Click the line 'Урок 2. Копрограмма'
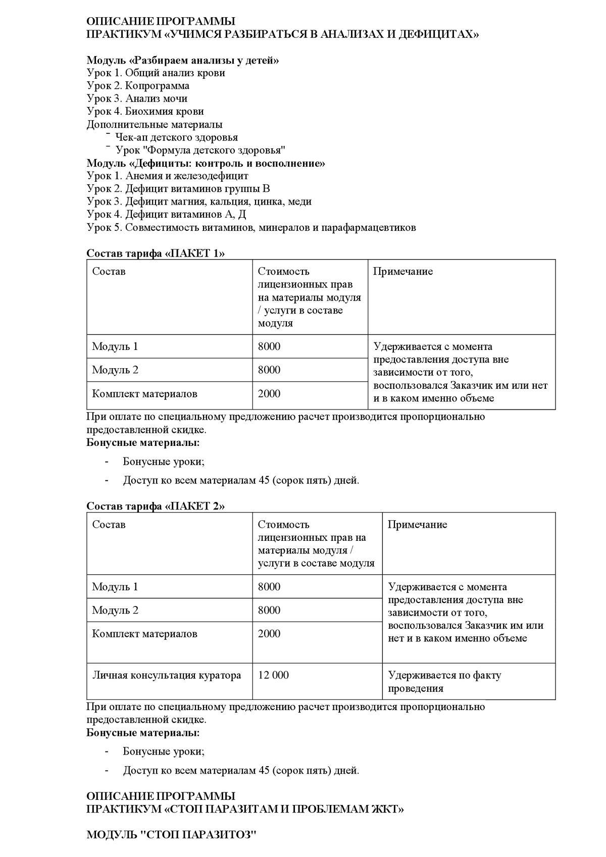pyautogui.click(x=138, y=86)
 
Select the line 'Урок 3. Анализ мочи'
pyautogui.click(x=137, y=98)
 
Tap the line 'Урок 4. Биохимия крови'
pyautogui.click(x=145, y=111)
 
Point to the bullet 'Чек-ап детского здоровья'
pyautogui.click(x=176, y=137)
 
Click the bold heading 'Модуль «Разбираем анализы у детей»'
pyautogui.click(x=183, y=61)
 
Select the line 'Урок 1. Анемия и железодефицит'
pyautogui.click(x=168, y=176)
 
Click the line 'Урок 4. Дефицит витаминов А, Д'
pyautogui.click(x=166, y=215)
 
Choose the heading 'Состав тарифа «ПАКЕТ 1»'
pyautogui.click(x=156, y=254)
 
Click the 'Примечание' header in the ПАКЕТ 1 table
pyautogui.click(x=403, y=272)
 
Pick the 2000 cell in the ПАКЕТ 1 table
pyautogui.click(x=269, y=394)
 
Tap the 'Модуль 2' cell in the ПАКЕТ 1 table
pyautogui.click(x=115, y=370)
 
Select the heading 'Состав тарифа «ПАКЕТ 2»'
pyautogui.click(x=156, y=507)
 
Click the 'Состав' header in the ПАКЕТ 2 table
pyautogui.click(x=109, y=525)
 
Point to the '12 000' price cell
pyautogui.click(x=273, y=676)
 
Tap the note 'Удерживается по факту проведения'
pyautogui.click(x=444, y=682)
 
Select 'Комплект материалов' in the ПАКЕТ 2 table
pyautogui.click(x=144, y=634)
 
